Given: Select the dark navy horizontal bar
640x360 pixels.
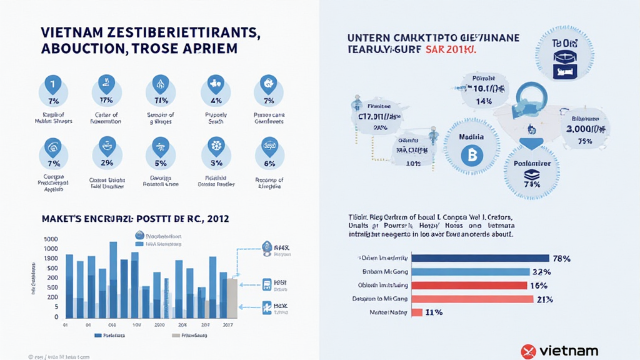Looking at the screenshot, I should pos(479,258).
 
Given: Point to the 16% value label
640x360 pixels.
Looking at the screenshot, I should pos(539,285).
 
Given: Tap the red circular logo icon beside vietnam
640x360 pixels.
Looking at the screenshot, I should pos(529,351).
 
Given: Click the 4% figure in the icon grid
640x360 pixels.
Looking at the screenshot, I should pos(216,100).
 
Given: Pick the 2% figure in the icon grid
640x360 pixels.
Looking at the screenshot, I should pos(106,163).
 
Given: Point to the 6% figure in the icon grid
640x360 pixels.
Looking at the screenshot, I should pos(269,163).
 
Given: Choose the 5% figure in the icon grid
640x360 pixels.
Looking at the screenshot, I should pos(161,163).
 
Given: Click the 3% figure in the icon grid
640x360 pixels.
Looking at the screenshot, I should pos(216,163).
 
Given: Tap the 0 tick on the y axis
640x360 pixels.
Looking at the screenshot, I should pos(56,317).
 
